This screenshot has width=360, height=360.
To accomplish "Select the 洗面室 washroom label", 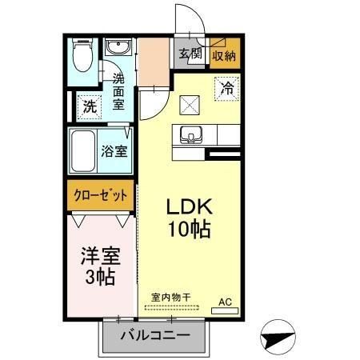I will [x=118, y=91].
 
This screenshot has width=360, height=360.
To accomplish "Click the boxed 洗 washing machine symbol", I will [x=89, y=104].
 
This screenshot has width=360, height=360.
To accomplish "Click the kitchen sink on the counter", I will [x=191, y=134].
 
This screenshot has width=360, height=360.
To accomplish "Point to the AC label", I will [x=226, y=302].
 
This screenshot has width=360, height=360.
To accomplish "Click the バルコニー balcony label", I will [x=154, y=335].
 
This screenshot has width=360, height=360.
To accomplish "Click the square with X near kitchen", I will [x=190, y=102].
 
